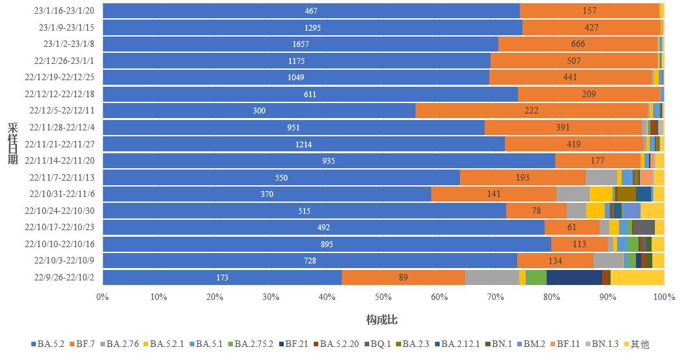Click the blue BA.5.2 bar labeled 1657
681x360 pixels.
click(301, 44)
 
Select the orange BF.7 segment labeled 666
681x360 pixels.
click(578, 44)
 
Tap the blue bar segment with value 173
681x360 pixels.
click(222, 278)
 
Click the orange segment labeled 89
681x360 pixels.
click(403, 278)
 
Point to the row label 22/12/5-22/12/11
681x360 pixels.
click(63, 110)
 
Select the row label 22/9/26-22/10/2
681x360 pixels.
click(65, 277)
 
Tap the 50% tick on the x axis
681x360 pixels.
click(383, 297)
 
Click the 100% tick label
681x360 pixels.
click(663, 297)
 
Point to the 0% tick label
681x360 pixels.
click(102, 297)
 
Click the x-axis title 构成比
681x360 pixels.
click(382, 320)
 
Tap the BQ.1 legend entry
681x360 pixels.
click(376, 344)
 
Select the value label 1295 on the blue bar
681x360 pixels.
click(313, 27)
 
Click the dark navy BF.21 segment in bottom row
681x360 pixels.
click(574, 278)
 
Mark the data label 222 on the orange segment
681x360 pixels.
click(531, 111)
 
